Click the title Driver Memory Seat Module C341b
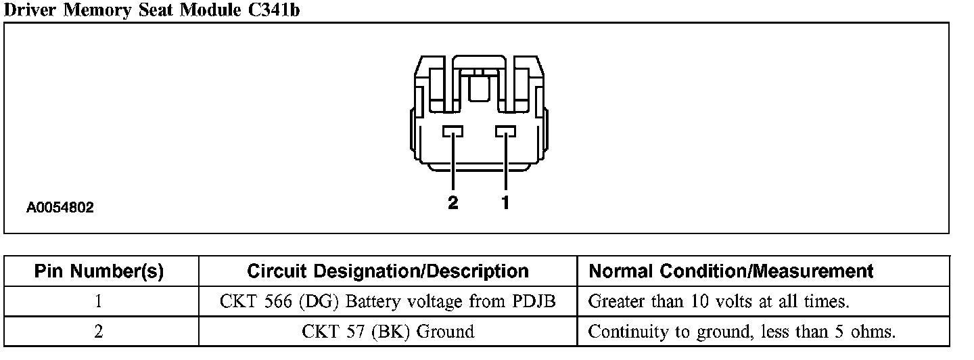point(152,10)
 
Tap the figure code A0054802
point(60,207)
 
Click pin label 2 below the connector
point(453,202)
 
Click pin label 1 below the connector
point(505,202)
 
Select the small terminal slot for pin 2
point(453,131)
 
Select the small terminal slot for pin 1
point(505,131)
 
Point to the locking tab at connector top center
point(479,85)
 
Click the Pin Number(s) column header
point(99,271)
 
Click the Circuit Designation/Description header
point(388,271)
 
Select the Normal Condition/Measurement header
point(731,271)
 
